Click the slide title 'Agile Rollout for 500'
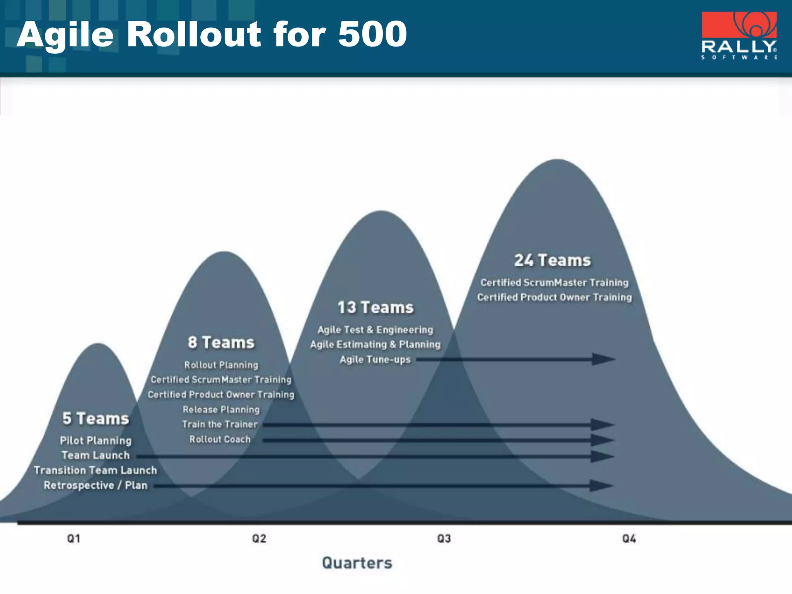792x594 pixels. [x=212, y=35]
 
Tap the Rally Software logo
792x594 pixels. [x=739, y=36]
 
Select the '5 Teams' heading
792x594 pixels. [x=96, y=418]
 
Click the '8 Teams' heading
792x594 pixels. [x=221, y=343]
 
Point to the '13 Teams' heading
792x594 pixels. [x=376, y=308]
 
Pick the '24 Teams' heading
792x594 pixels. [x=553, y=260]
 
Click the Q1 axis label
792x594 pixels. [x=73, y=539]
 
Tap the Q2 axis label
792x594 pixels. [x=259, y=539]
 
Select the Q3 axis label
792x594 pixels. [x=444, y=539]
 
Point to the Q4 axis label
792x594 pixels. [x=629, y=539]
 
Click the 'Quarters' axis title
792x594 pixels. [x=357, y=563]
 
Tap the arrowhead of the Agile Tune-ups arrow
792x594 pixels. [x=603, y=359]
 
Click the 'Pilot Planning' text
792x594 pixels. [x=96, y=440]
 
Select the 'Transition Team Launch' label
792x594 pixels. [x=96, y=470]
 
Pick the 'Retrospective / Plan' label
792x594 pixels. [x=96, y=485]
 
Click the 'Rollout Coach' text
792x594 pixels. [x=220, y=439]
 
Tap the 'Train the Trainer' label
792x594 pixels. [x=220, y=424]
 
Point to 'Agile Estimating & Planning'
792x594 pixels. [x=375, y=345]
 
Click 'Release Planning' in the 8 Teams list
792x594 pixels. [x=221, y=410]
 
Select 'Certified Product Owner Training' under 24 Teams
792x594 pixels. [x=554, y=297]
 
